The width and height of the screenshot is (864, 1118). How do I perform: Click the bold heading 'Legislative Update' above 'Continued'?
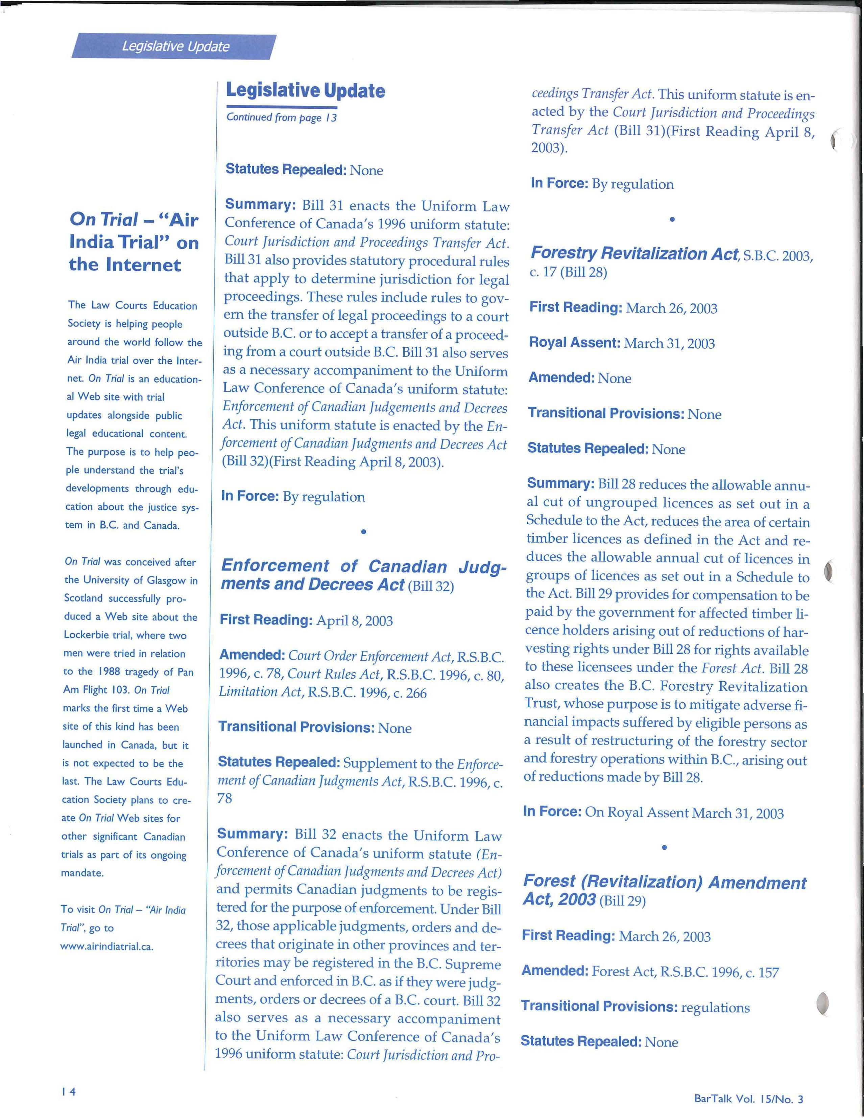point(305,91)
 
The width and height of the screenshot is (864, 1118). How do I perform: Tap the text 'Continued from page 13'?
point(281,117)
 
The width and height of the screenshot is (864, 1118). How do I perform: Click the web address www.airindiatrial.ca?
point(106,946)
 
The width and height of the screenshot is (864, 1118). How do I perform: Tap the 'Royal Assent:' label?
point(574,342)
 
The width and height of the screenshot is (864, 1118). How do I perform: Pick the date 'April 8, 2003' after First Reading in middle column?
point(354,621)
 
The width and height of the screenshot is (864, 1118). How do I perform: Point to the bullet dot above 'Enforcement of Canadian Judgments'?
point(363,532)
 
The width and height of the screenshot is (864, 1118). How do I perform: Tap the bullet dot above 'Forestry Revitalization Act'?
point(672,220)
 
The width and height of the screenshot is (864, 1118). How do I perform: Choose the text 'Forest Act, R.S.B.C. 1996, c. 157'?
point(685,972)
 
